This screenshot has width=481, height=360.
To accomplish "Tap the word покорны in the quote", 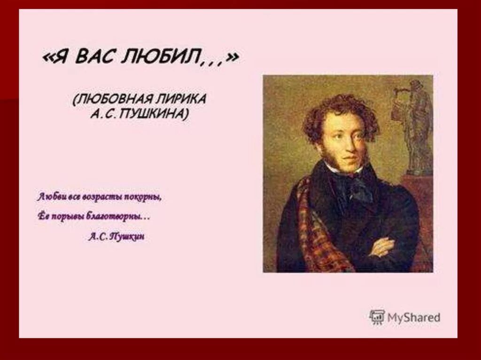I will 143,197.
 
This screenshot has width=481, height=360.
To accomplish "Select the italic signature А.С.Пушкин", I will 116,237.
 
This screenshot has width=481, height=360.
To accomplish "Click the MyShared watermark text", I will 414,317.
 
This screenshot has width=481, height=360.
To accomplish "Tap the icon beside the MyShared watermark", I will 377,317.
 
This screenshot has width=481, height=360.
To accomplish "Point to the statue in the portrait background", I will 416,127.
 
